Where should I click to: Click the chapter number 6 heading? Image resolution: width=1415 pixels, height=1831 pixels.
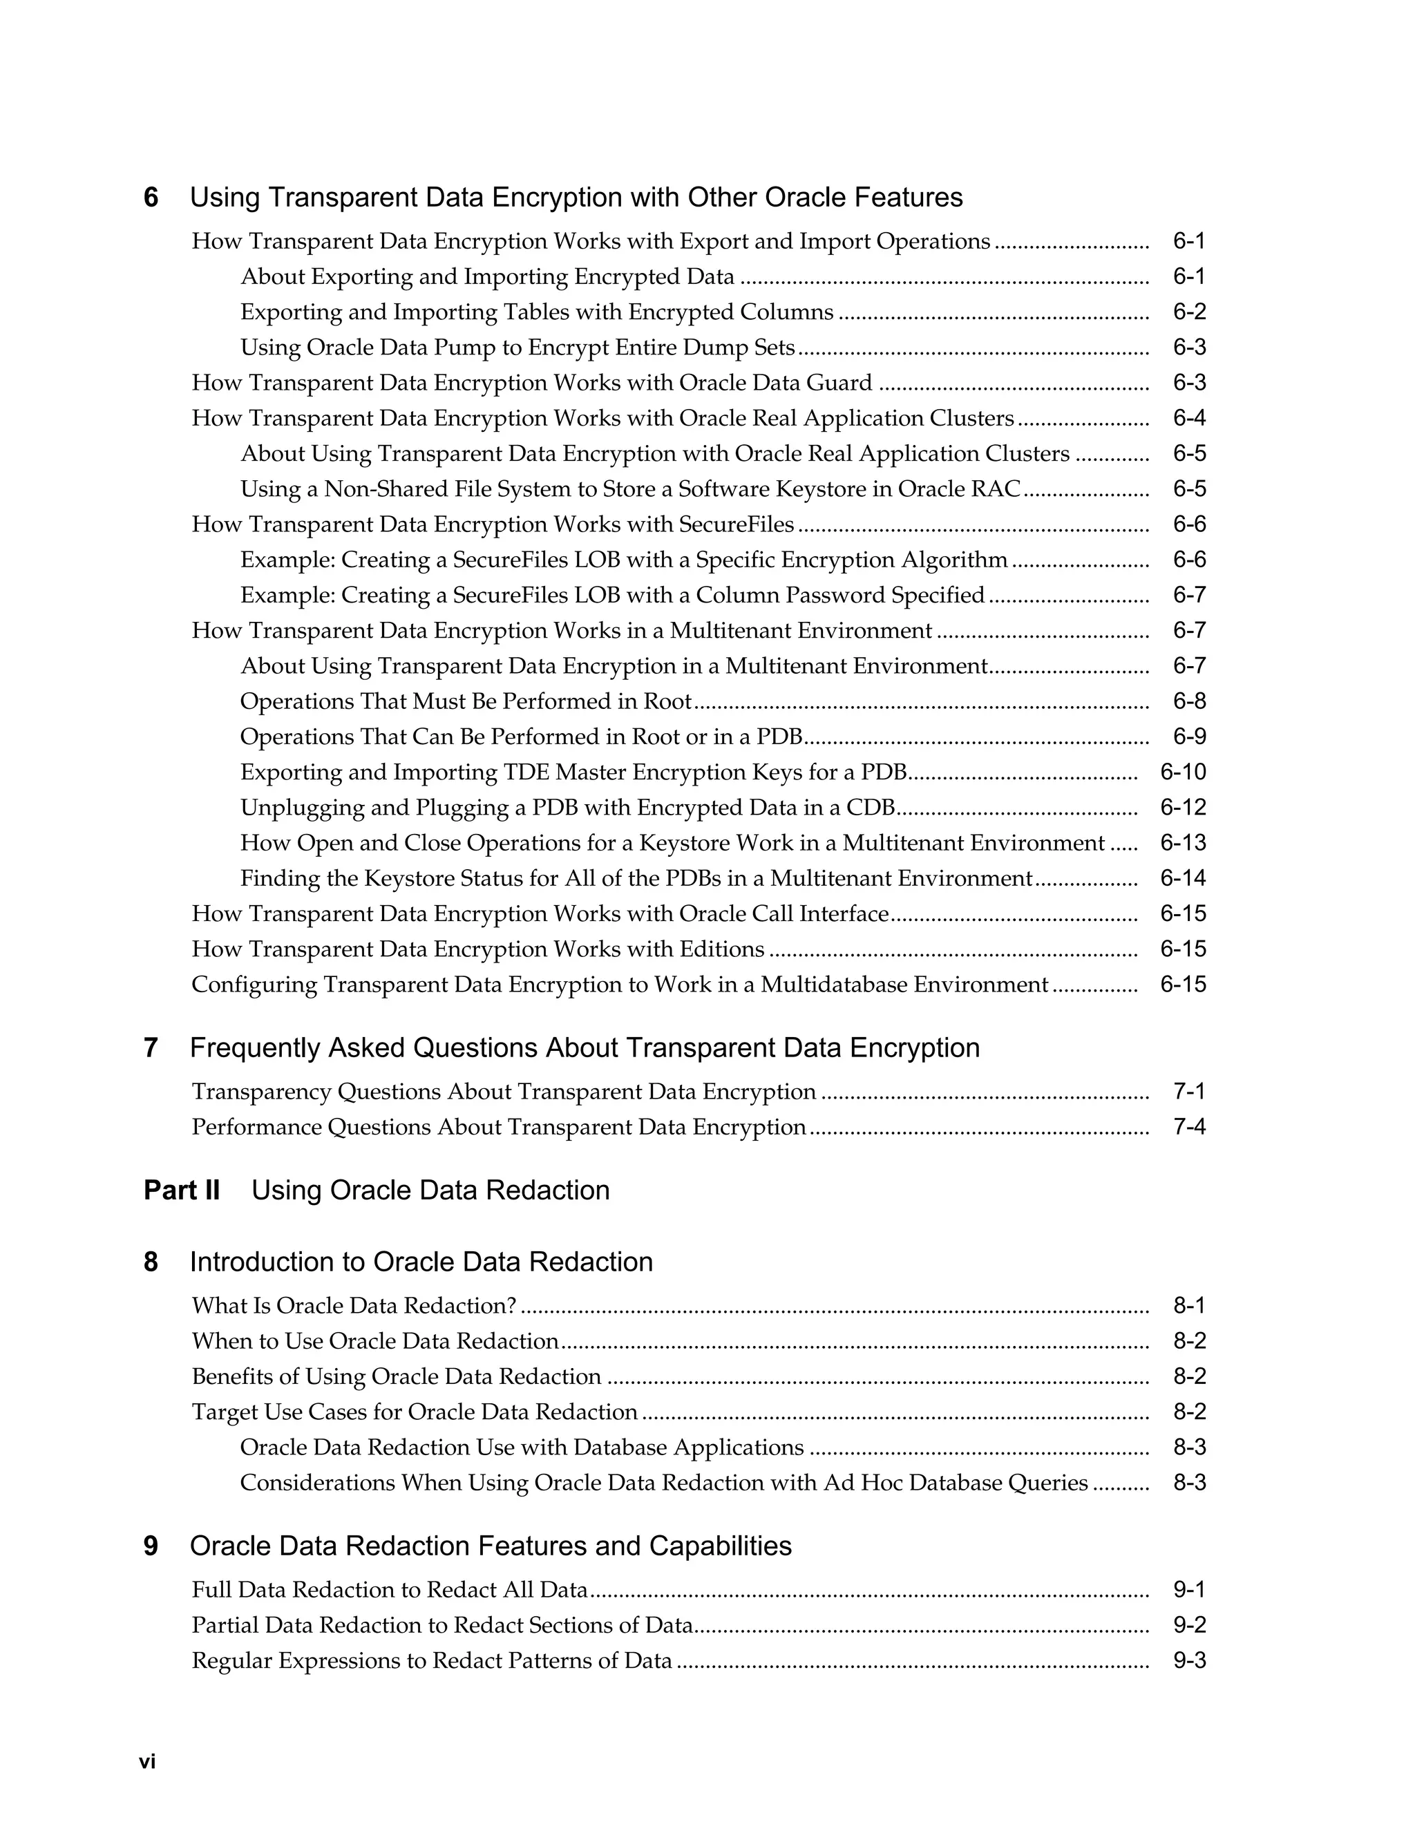coord(151,198)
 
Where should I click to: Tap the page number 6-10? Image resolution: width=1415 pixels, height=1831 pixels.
coord(1183,772)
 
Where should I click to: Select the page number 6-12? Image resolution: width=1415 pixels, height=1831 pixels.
coord(1183,807)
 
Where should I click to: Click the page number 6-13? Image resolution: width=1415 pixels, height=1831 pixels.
coord(1183,842)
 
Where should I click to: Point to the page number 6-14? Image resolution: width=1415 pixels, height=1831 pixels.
coord(1183,877)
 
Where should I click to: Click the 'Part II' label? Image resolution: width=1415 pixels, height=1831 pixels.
coord(182,1190)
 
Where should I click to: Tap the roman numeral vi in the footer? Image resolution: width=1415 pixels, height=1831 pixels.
coord(148,1761)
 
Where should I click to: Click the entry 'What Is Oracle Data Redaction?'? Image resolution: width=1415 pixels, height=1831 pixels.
coord(354,1306)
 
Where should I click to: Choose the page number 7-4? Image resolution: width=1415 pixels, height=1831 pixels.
coord(1188,1127)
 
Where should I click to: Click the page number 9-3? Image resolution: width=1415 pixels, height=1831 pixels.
coord(1188,1661)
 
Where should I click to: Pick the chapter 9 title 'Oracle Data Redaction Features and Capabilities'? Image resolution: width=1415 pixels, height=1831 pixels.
coord(491,1546)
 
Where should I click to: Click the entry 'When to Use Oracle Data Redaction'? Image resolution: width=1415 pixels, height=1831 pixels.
coord(374,1341)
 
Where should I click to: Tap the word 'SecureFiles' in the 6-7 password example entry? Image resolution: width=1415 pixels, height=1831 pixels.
coord(511,595)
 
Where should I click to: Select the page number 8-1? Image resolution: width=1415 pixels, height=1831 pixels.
coord(1188,1306)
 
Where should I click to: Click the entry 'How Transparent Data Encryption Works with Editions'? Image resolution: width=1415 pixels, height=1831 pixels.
coord(478,949)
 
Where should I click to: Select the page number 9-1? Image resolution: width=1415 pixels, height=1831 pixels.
coord(1188,1591)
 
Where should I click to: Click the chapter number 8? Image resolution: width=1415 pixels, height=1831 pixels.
coord(151,1262)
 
